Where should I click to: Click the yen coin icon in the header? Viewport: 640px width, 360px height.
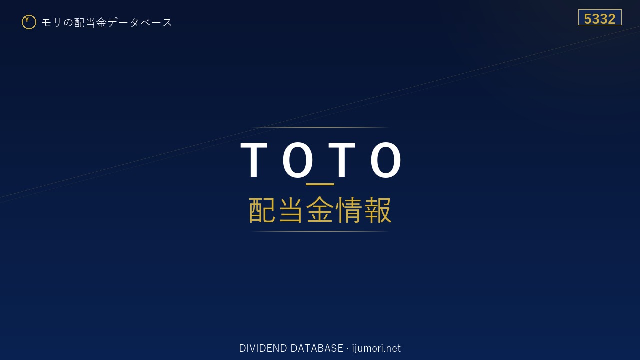tap(29, 22)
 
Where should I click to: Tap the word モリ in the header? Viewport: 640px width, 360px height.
tap(51, 22)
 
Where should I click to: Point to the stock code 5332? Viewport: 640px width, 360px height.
tap(600, 19)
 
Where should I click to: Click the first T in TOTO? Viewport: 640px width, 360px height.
tap(254, 159)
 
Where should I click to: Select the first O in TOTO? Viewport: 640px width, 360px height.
tap(298, 159)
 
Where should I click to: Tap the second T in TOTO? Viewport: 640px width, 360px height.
tap(342, 159)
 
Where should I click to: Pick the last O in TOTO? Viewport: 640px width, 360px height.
tap(386, 159)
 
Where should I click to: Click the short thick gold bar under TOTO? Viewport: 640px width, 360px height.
tap(320, 184)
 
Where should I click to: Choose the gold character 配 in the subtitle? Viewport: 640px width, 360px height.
tap(262, 210)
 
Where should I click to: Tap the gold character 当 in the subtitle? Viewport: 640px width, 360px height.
tap(291, 210)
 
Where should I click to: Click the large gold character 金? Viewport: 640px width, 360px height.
tap(320, 210)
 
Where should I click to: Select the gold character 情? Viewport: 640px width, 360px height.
tap(349, 210)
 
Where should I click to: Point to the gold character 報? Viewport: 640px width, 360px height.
tap(377, 210)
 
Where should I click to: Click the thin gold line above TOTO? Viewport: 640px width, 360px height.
tap(320, 127)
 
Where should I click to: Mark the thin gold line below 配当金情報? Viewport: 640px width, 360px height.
tap(320, 231)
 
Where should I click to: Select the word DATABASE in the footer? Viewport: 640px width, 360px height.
tap(317, 348)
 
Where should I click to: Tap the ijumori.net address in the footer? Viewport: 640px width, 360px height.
tap(376, 348)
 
